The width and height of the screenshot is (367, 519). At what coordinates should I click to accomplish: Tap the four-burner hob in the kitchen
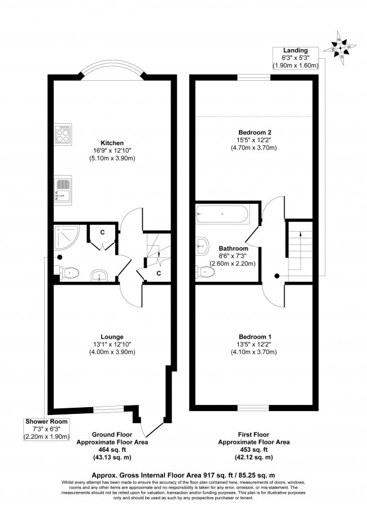pyautogui.click(x=62, y=135)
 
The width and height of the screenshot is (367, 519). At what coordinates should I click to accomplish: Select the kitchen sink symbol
pyautogui.click(x=62, y=189)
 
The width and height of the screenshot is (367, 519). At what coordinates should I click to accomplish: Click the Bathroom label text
pyautogui.click(x=233, y=248)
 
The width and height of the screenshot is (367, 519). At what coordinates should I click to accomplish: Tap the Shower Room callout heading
pyautogui.click(x=46, y=421)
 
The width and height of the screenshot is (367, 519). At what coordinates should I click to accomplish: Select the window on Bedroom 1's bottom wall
pyautogui.click(x=253, y=407)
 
